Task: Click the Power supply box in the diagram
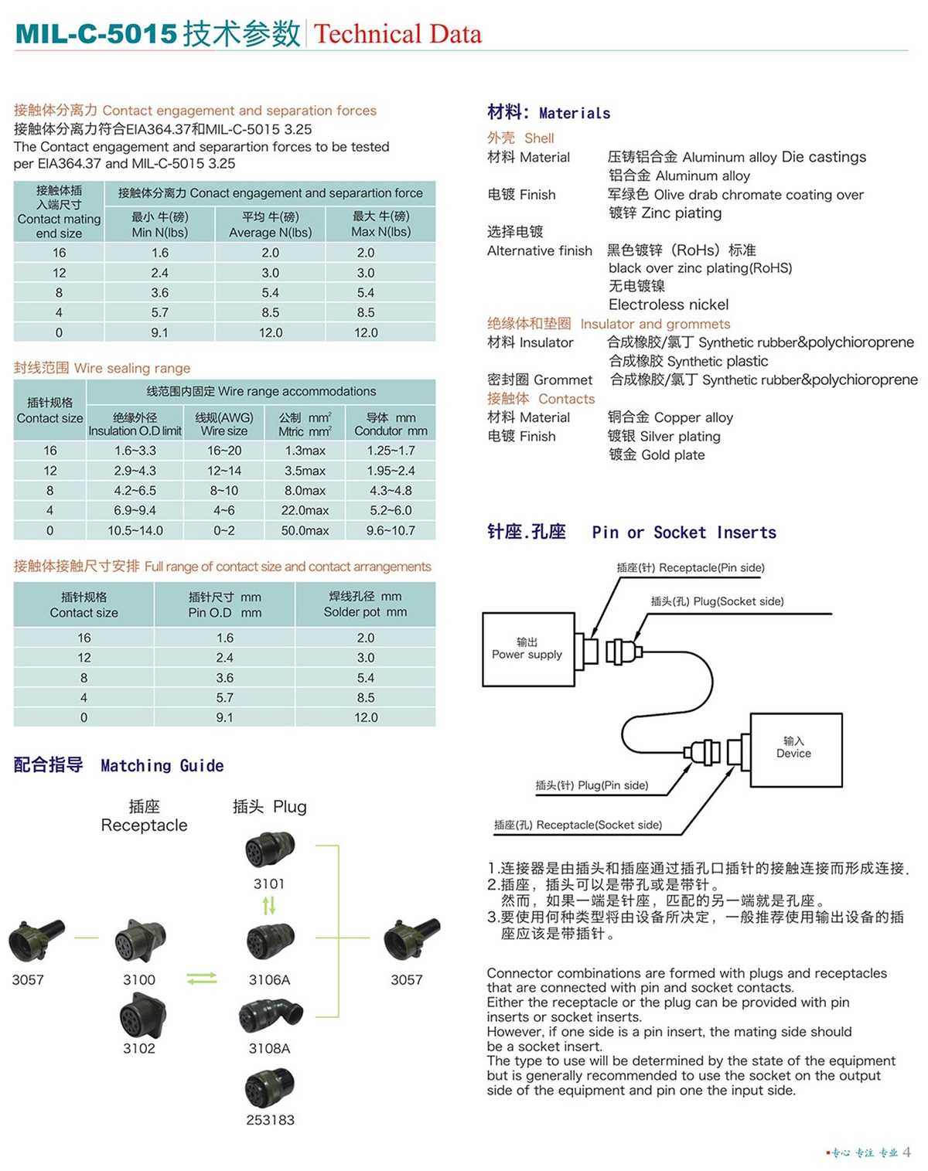[528, 649]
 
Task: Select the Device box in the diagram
[796, 749]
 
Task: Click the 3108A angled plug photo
[271, 1016]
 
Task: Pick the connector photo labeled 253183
[270, 1088]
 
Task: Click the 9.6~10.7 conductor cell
[391, 530]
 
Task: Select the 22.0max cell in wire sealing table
[305, 510]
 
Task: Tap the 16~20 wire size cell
[224, 451]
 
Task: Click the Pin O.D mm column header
[224, 604]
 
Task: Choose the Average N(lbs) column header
[271, 224]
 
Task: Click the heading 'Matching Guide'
[162, 765]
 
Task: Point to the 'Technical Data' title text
[397, 34]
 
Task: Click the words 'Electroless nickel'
[668, 305]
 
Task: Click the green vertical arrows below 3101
[269, 905]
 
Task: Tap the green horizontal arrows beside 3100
[202, 979]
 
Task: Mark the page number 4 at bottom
[906, 1152]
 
